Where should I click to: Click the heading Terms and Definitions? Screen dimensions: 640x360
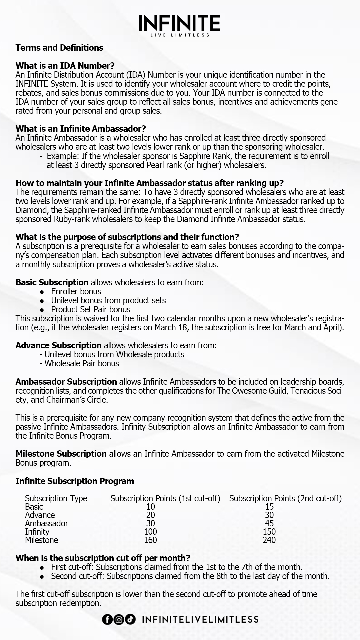click(59, 48)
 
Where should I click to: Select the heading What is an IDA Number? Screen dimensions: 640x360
click(65, 66)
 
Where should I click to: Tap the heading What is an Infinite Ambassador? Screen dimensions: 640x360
click(81, 129)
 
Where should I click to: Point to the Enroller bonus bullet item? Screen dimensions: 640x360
click(76, 291)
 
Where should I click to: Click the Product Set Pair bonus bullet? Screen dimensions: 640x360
click(91, 309)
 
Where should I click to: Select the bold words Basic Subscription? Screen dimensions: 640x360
click(52, 282)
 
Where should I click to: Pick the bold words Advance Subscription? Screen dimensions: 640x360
click(58, 345)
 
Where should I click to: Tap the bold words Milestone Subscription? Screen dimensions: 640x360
click(61, 454)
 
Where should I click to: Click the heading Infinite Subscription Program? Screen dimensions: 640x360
click(75, 481)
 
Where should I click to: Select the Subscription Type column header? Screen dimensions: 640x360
click(56, 498)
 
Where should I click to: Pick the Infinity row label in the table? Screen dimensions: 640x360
click(37, 532)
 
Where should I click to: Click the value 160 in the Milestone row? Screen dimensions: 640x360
click(150, 540)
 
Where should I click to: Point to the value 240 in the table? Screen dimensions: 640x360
click(269, 540)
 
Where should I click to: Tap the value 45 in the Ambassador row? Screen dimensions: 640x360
click(269, 523)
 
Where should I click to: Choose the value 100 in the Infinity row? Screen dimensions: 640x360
click(150, 532)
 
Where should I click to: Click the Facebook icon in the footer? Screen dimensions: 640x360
click(107, 620)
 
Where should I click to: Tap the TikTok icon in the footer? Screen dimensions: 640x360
click(131, 620)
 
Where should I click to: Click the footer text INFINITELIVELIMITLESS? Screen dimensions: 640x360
click(200, 620)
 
